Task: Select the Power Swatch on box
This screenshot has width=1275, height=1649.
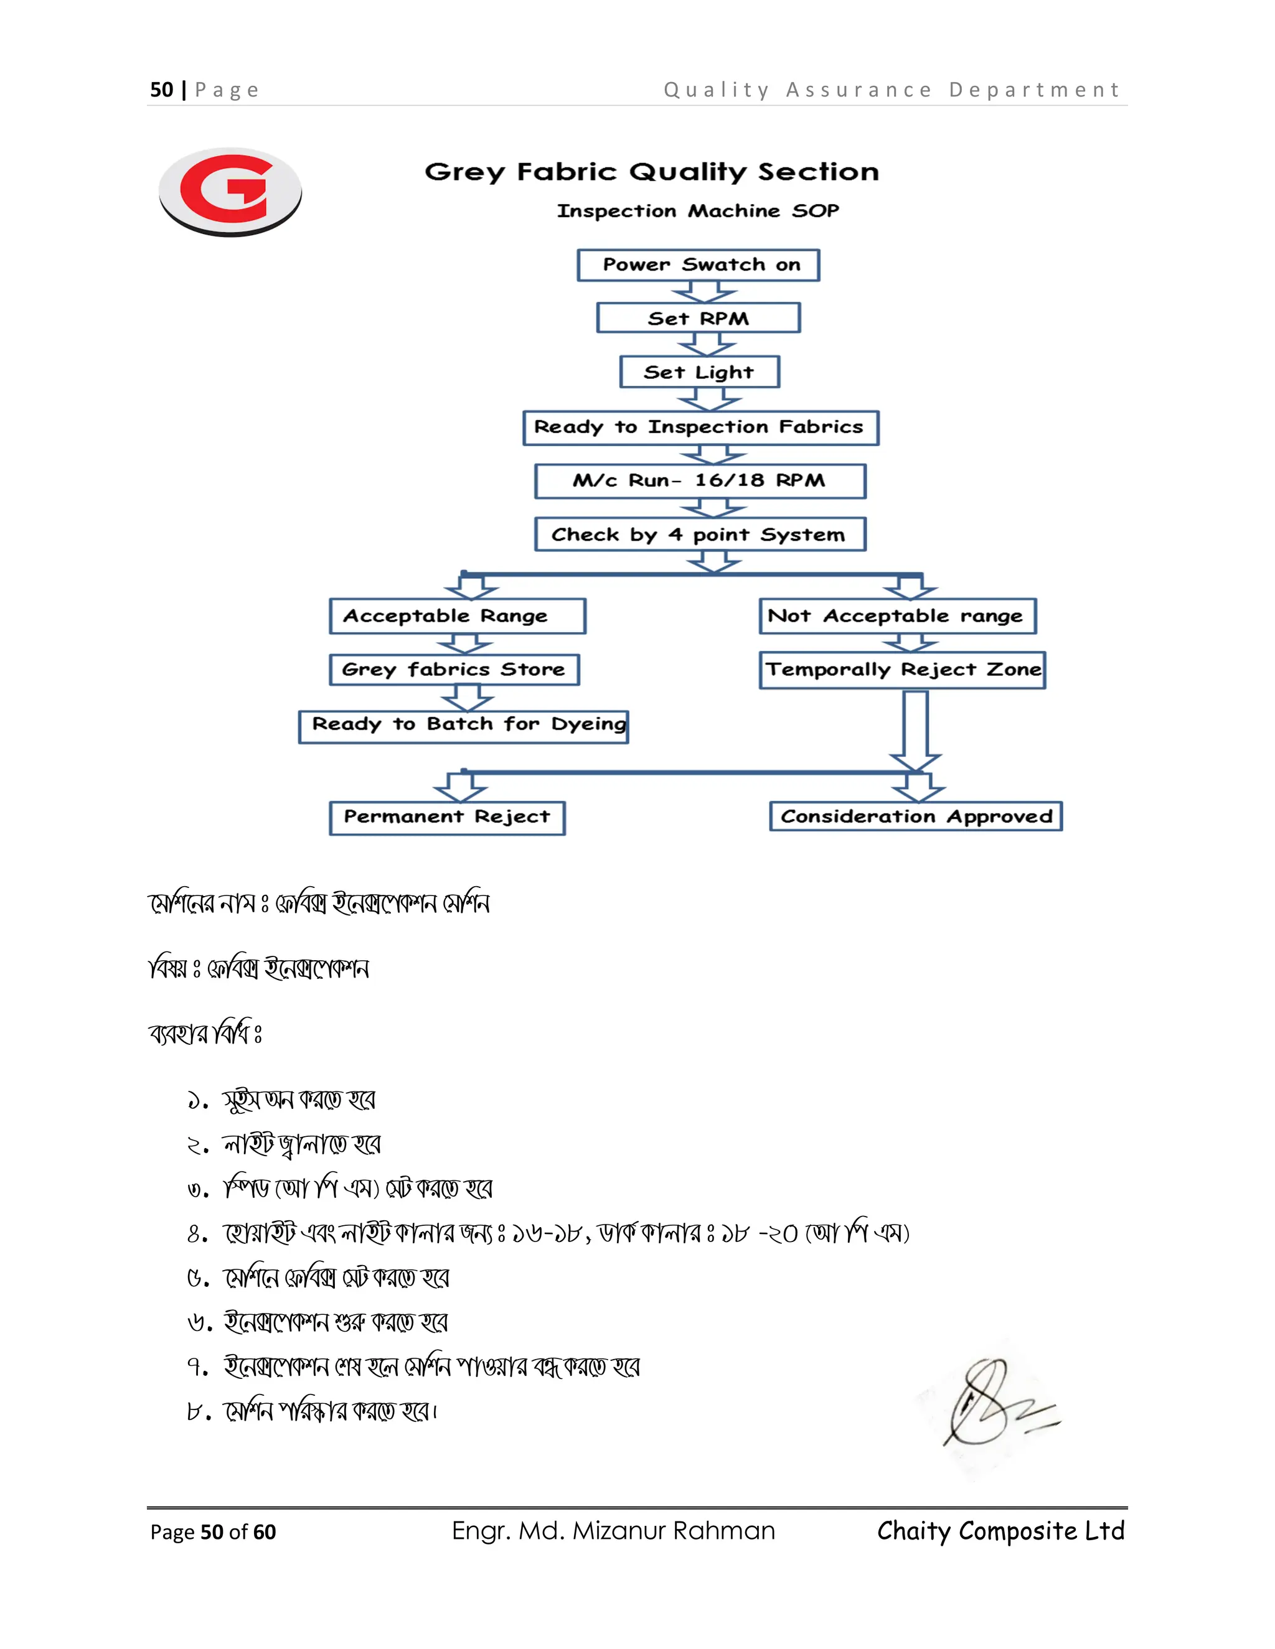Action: pos(698,265)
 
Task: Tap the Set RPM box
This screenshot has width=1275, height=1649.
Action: pos(698,318)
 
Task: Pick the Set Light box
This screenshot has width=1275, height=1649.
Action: pos(699,371)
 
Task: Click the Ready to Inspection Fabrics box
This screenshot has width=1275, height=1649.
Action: pos(700,427)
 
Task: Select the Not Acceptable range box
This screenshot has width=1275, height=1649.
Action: pos(897,616)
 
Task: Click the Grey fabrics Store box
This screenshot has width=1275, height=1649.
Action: pos(454,670)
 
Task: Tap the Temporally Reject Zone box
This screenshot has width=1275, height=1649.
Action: pos(902,670)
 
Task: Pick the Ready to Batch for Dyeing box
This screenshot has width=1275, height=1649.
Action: pos(463,726)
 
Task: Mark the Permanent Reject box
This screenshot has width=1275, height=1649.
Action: pos(447,818)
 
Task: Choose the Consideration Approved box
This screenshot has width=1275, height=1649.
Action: pos(915,816)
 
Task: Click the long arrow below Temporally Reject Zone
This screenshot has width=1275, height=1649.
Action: pos(915,729)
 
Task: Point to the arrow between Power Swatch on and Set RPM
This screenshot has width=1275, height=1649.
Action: pos(704,291)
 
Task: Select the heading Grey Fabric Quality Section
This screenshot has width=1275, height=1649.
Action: pos(652,172)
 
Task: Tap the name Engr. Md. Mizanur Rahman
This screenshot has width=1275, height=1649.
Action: pos(613,1531)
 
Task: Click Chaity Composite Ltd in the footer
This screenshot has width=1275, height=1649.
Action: pos(1001,1531)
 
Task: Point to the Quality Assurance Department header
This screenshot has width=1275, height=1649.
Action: pos(892,90)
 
